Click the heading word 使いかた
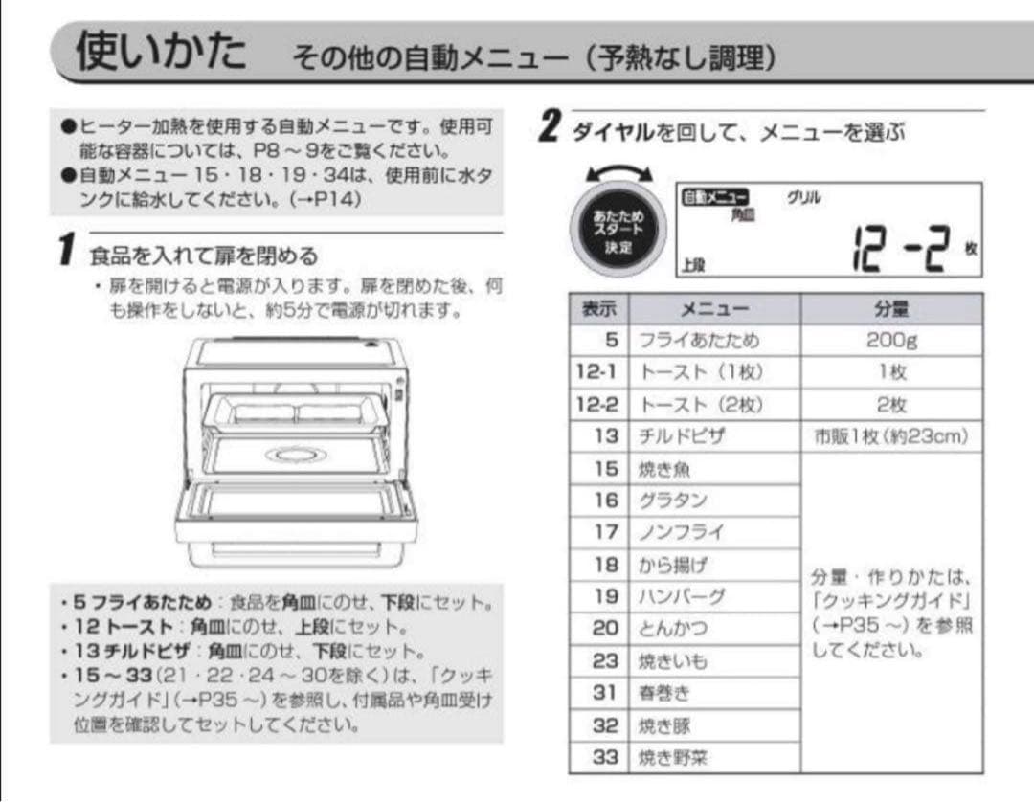point(161,52)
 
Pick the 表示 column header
point(599,309)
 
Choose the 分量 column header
point(890,309)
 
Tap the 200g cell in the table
point(890,341)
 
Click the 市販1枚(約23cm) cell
point(890,436)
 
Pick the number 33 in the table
point(605,758)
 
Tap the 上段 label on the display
point(692,265)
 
